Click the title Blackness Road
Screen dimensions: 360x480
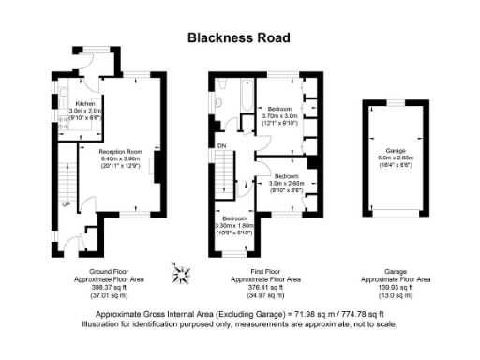click(x=239, y=37)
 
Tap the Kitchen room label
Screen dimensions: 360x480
click(x=85, y=103)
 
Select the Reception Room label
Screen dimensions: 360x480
click(x=120, y=151)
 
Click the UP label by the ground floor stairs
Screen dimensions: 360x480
click(x=66, y=203)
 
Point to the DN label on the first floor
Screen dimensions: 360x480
click(x=221, y=145)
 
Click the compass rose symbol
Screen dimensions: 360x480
click(x=183, y=274)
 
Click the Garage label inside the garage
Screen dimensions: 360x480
click(x=394, y=150)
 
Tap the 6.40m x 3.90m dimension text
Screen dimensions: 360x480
click(x=120, y=158)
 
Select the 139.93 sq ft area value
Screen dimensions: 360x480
click(x=396, y=287)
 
